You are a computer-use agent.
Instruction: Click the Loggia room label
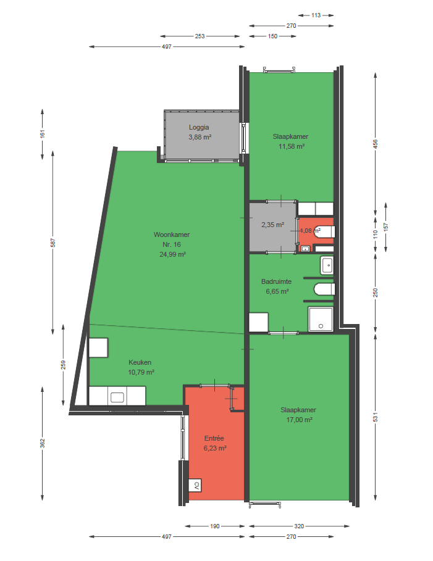(x=199, y=127)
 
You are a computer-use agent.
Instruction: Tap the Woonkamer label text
(x=172, y=235)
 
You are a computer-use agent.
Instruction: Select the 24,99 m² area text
(x=172, y=254)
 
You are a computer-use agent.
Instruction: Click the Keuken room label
(x=140, y=362)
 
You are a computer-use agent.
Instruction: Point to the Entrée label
(x=214, y=438)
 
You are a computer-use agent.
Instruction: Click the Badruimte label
(x=276, y=281)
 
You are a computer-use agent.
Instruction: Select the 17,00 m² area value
(x=299, y=420)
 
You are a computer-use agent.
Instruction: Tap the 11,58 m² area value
(x=291, y=146)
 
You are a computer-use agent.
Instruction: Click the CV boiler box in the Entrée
(x=195, y=486)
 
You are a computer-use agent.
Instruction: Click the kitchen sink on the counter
(x=117, y=397)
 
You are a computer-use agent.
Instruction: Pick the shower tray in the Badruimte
(x=321, y=320)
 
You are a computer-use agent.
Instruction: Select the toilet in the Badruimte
(x=324, y=289)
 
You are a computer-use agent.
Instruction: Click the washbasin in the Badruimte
(x=327, y=265)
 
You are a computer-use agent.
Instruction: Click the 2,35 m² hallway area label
(x=272, y=225)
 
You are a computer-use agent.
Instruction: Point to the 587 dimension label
(x=53, y=243)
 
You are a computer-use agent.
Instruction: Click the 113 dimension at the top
(x=316, y=15)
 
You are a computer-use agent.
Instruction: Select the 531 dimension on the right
(x=376, y=417)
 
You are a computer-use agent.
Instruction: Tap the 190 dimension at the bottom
(x=214, y=526)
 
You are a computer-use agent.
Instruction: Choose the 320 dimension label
(x=299, y=526)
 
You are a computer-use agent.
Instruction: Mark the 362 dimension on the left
(x=42, y=443)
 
